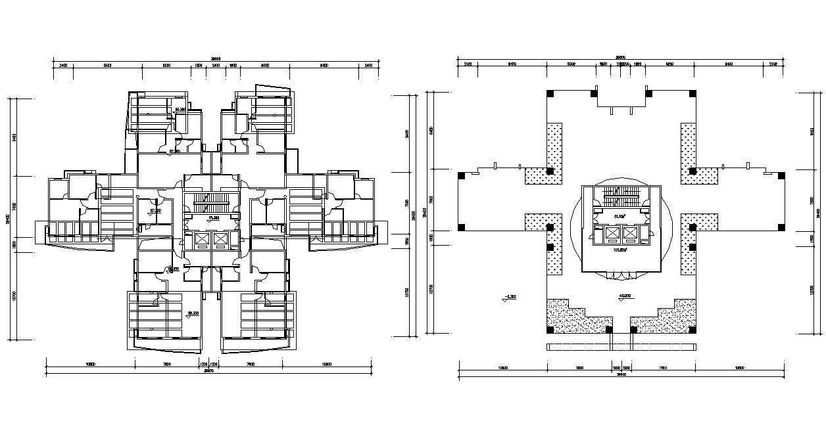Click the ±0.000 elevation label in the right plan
624,296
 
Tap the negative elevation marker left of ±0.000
508,297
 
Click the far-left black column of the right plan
461,175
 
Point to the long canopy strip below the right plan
621,347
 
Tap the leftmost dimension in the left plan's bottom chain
91,364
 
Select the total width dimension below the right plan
621,376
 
